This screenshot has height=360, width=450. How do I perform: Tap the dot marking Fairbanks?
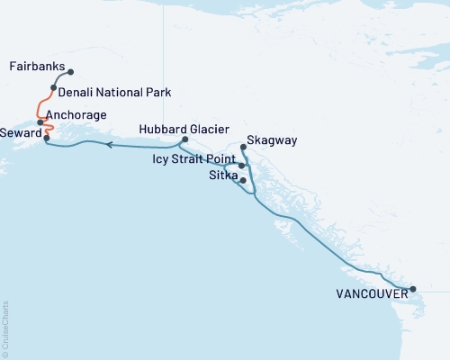[x=71, y=72]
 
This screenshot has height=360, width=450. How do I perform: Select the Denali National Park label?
[x=113, y=93]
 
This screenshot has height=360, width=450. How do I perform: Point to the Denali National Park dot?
[x=54, y=88]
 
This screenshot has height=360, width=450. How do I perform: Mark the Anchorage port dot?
[x=40, y=121]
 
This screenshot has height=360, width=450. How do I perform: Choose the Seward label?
[x=20, y=131]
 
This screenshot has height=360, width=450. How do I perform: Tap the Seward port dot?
[x=46, y=138]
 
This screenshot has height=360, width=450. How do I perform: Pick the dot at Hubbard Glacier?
[x=184, y=139]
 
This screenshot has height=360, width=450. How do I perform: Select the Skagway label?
[x=272, y=141]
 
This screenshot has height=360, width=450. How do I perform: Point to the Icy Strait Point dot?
[x=241, y=166]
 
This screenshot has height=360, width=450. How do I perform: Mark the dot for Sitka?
[x=243, y=180]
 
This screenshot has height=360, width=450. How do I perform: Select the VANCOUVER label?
[x=370, y=293]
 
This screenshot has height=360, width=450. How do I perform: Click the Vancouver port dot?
[x=412, y=289]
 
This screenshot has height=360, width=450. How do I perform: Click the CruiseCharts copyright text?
[x=5, y=328]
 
